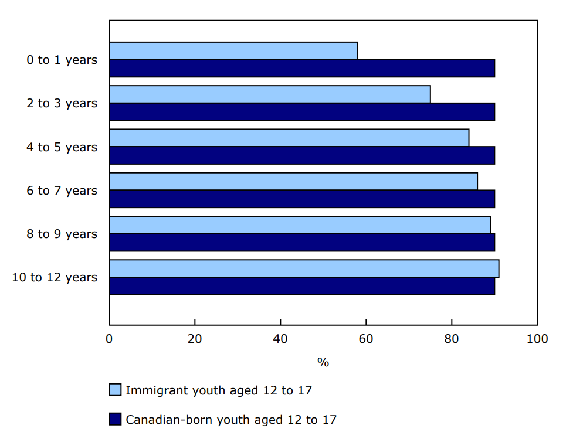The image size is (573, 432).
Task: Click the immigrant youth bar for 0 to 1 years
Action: (233, 51)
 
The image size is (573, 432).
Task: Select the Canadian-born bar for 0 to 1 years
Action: (301, 68)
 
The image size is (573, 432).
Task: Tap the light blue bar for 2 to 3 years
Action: (269, 94)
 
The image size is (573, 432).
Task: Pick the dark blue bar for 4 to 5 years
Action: (301, 155)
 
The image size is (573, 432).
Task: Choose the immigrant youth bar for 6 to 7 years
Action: (293, 181)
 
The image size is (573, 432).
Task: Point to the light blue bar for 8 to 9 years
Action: (299, 225)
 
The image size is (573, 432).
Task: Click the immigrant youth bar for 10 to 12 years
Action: (304, 268)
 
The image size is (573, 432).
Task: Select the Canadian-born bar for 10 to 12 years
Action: (301, 286)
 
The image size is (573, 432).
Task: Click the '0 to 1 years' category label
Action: (62, 60)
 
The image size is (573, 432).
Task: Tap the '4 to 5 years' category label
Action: (62, 147)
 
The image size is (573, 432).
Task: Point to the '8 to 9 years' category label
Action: (62, 234)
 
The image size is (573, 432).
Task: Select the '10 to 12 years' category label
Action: (55, 277)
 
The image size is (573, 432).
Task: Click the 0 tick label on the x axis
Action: (109, 339)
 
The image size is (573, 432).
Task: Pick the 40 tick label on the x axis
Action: (280, 339)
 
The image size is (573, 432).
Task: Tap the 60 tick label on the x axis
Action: (366, 339)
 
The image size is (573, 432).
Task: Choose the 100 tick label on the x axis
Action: (537, 339)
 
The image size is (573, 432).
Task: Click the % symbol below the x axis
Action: (323, 362)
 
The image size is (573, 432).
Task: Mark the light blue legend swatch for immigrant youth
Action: (115, 390)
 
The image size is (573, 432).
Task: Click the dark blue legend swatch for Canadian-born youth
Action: (115, 419)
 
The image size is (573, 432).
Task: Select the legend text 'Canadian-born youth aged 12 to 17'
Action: (231, 420)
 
